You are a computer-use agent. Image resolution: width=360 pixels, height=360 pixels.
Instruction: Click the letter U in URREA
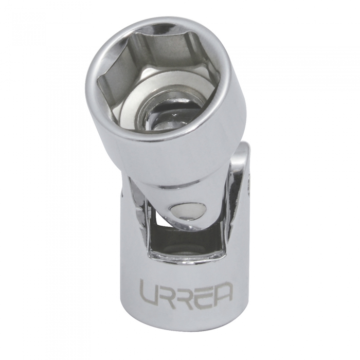[x=149, y=292]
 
